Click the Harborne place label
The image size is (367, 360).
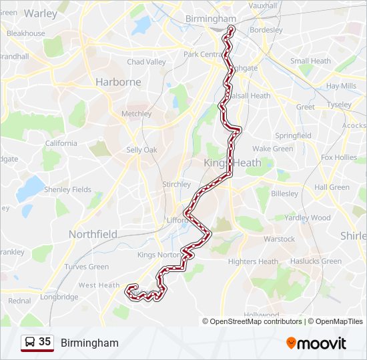click(118, 82)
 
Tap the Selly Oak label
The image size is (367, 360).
click(141, 150)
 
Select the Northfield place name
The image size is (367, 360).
click(93, 234)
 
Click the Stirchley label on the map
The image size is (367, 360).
click(177, 184)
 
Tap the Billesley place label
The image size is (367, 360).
click(285, 193)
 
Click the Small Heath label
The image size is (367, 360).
click(310, 61)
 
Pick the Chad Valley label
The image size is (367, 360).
click(146, 62)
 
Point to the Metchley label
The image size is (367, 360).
click(137, 114)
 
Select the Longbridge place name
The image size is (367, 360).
click(59, 297)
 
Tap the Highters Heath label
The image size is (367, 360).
click(253, 262)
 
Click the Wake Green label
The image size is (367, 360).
click(272, 149)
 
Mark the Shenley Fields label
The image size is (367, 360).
click(67, 190)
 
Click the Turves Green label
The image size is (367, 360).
click(87, 267)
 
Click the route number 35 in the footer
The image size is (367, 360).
click(45, 342)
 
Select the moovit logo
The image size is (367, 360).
click(316, 343)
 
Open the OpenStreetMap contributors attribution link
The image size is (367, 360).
click(256, 321)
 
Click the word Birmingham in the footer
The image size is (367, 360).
click(89, 343)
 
